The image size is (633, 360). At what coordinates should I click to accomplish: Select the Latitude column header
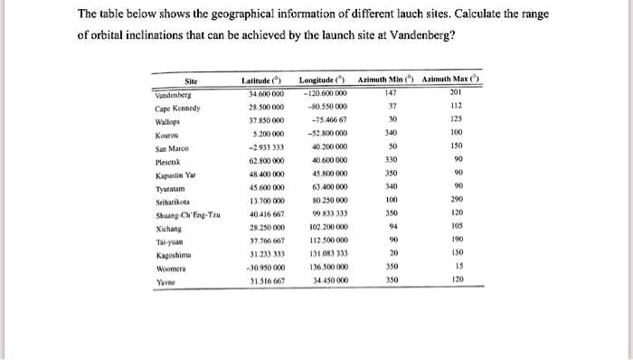pos(259,82)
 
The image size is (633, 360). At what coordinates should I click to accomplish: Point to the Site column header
pos(191,82)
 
